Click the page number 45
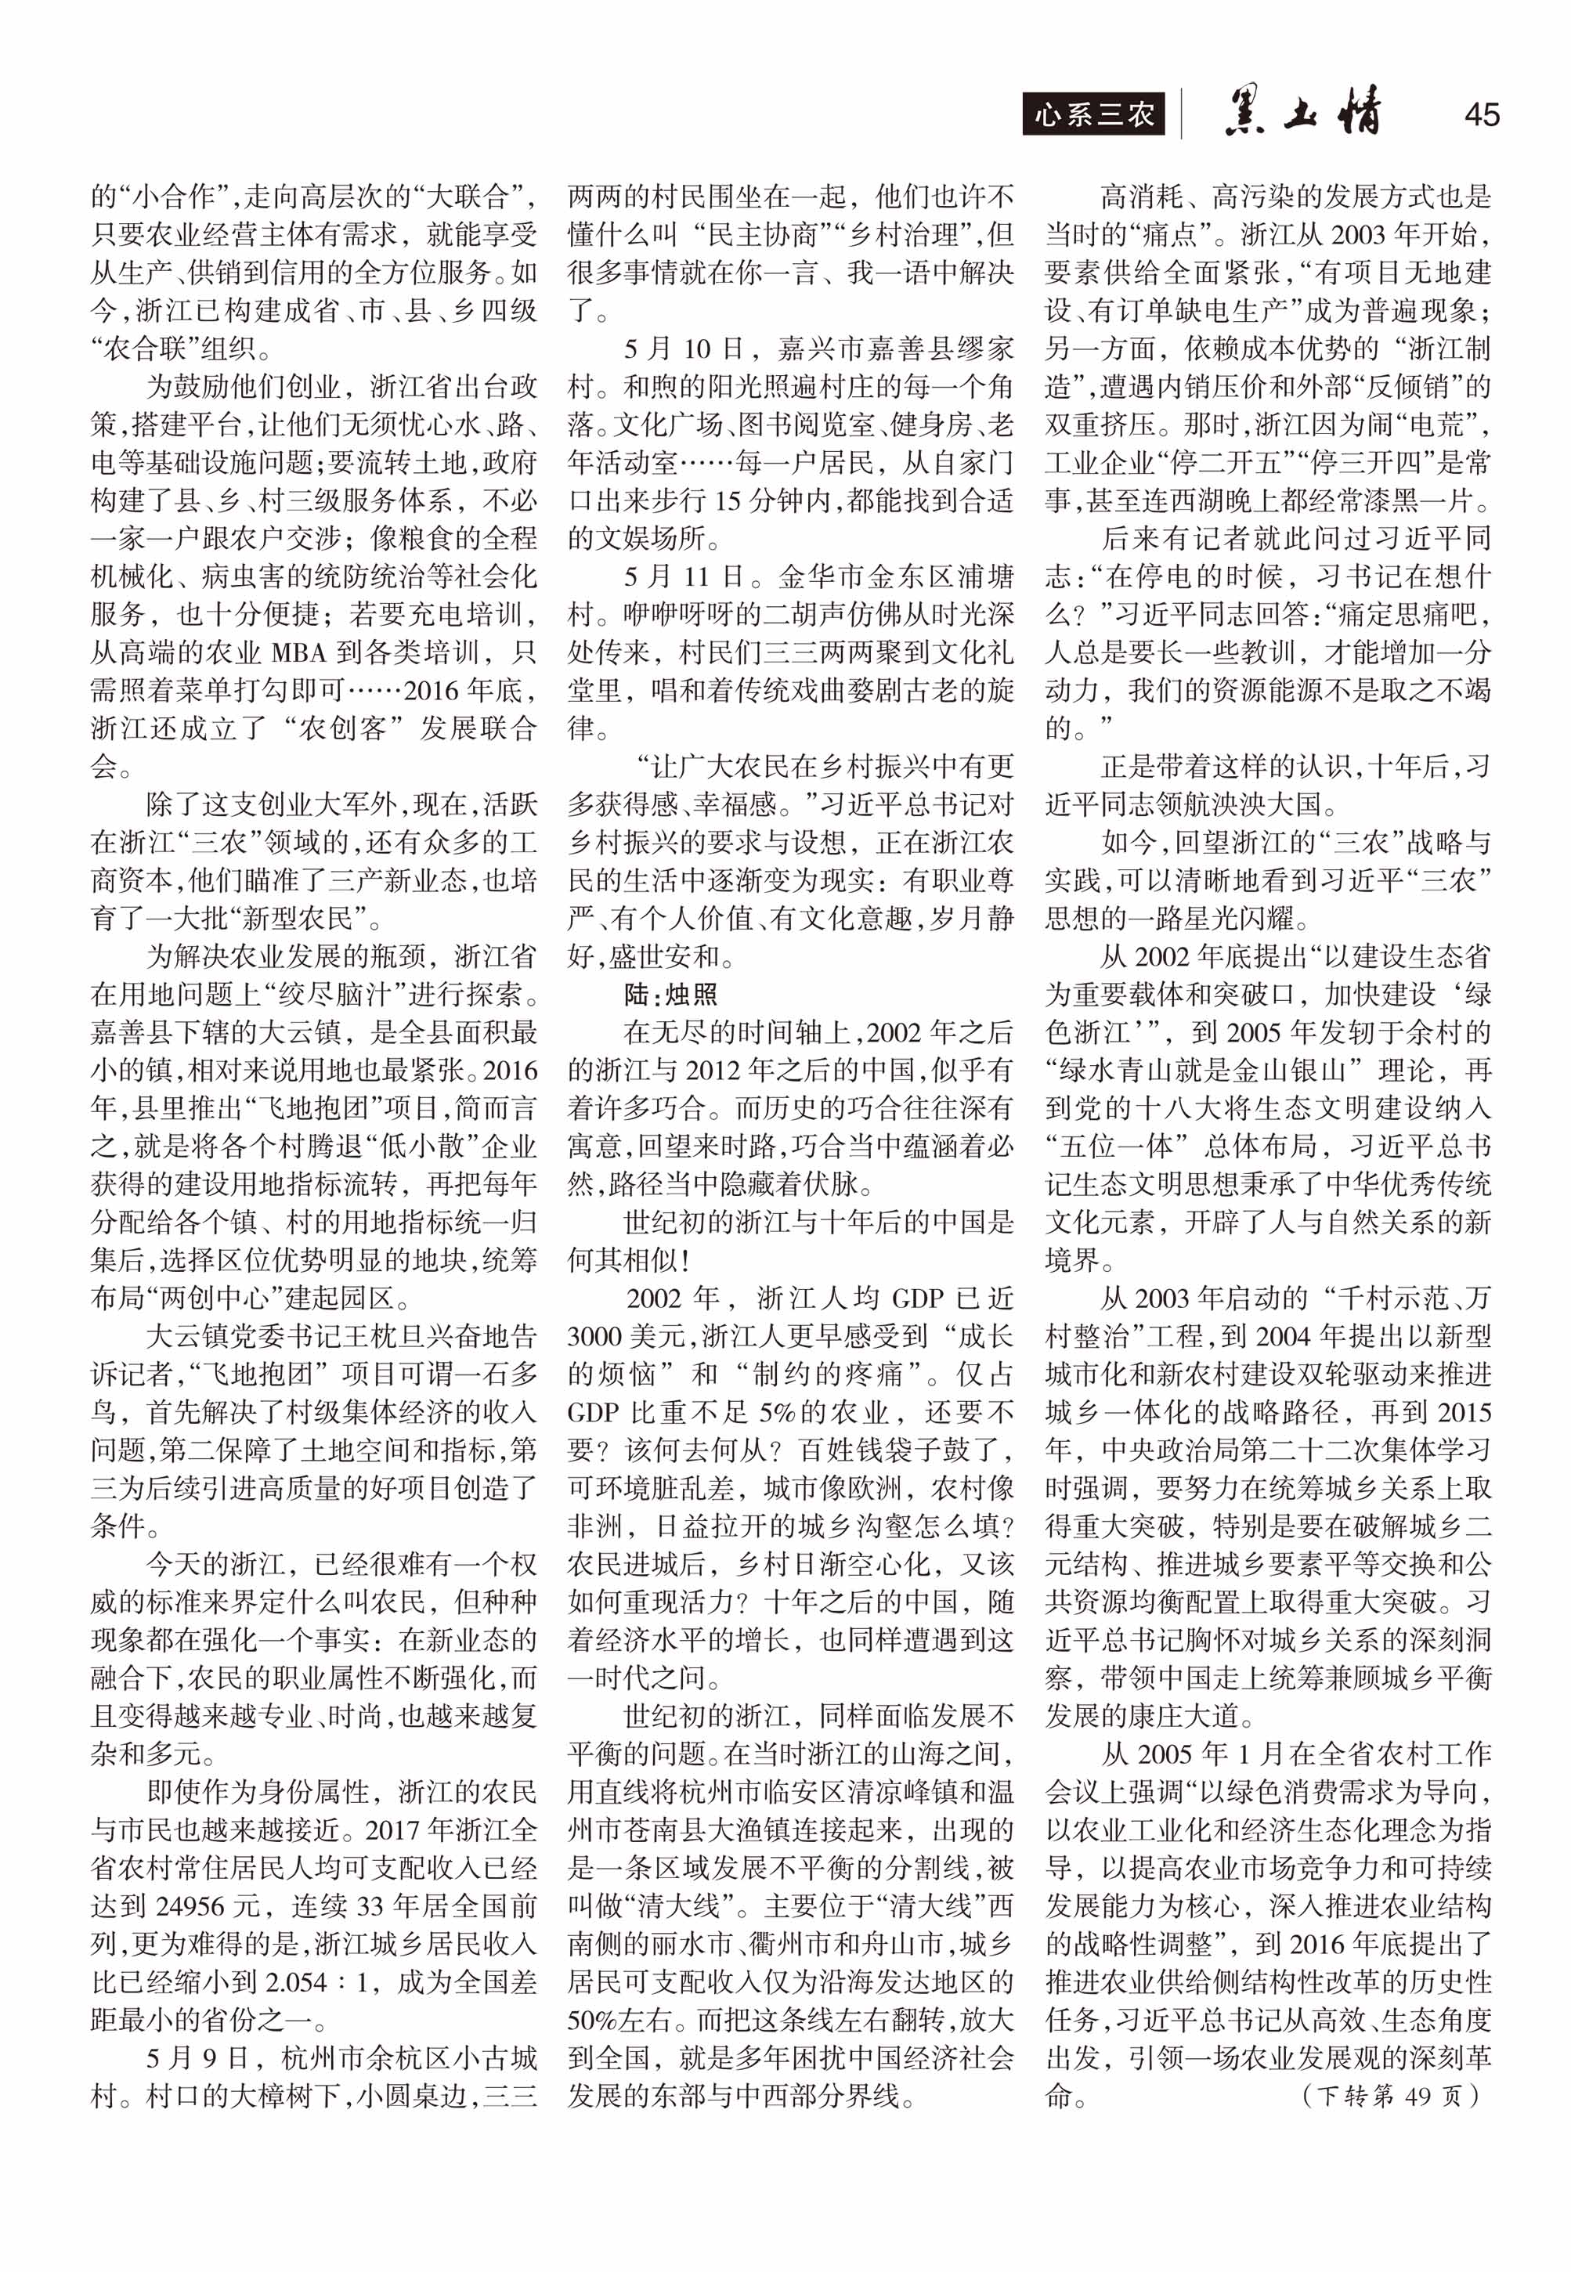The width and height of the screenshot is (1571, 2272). point(1482,114)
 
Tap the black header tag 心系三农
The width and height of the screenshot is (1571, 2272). point(1092,115)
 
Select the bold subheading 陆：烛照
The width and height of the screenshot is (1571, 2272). point(670,995)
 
